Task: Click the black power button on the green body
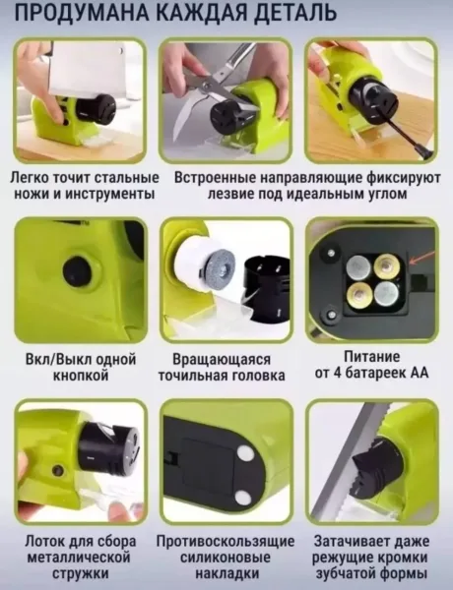(77, 270)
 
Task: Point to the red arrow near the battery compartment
(422, 258)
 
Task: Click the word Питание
(371, 356)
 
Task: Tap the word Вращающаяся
(222, 359)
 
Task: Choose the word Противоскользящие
(226, 542)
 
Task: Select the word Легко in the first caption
(29, 178)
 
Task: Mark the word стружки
(81, 574)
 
